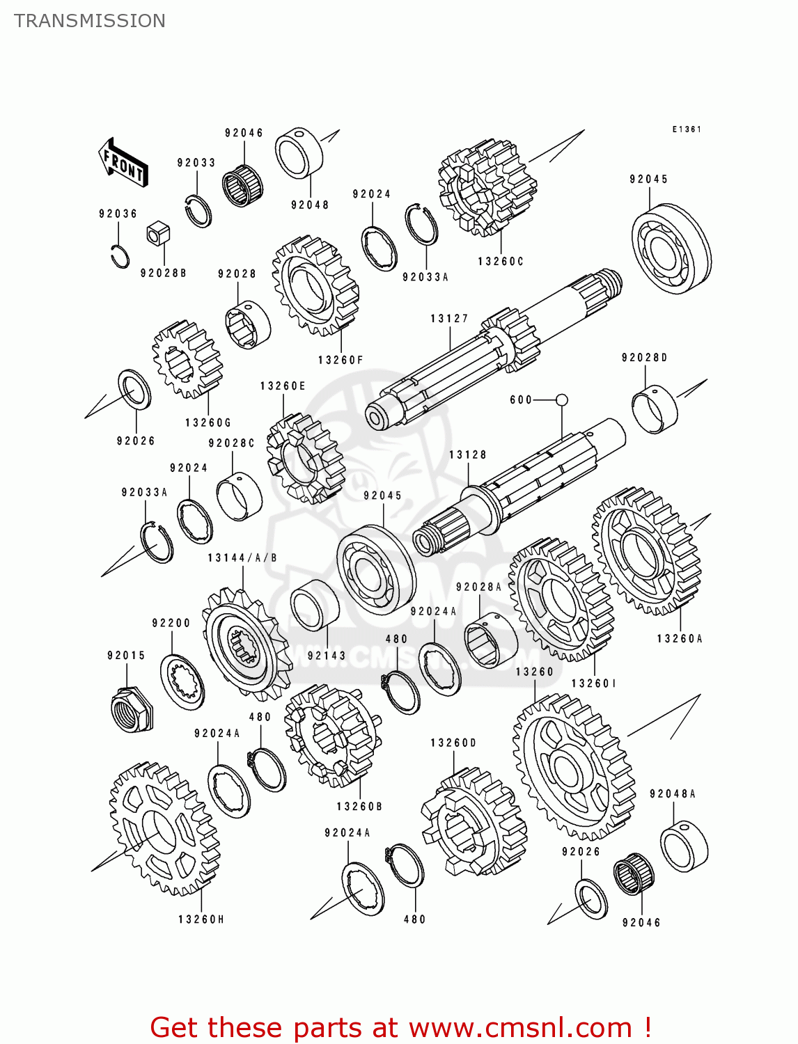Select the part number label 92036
click(118, 214)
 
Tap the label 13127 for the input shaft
click(449, 319)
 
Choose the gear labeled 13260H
click(165, 828)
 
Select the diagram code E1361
click(686, 129)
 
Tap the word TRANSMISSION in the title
click(90, 21)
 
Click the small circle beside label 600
click(561, 400)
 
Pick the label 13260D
click(453, 743)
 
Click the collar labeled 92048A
click(684, 846)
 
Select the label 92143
click(327, 656)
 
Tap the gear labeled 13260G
click(187, 359)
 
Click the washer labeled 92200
click(182, 682)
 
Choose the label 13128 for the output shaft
click(467, 455)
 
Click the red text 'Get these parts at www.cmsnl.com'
click(400, 1027)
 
